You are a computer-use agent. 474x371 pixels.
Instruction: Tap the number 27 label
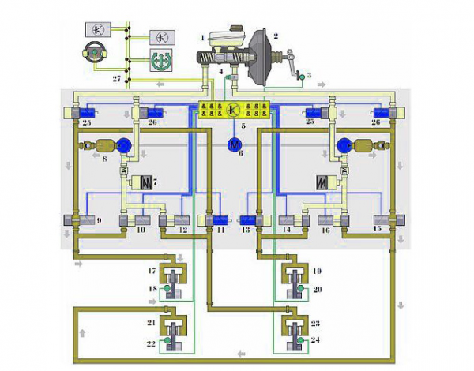[x=117, y=79]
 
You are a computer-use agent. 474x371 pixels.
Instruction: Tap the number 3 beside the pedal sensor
[x=309, y=75]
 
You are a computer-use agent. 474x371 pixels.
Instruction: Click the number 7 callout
[x=155, y=182]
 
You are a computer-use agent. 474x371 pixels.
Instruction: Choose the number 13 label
[x=246, y=230]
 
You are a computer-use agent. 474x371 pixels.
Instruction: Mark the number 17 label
[x=152, y=271]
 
